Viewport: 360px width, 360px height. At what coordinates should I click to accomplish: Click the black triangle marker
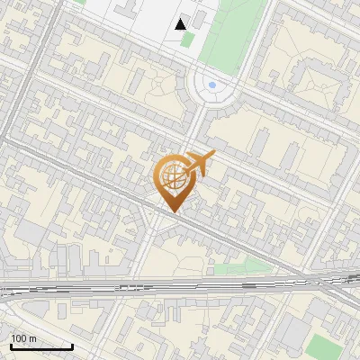pos(182,23)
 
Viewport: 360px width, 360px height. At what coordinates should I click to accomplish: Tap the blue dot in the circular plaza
pos(212,85)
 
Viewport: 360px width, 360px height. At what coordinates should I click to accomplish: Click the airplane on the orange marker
pos(200,163)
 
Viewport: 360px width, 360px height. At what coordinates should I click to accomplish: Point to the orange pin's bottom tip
pos(171,212)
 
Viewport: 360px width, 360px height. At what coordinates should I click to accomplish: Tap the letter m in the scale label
pos(33,338)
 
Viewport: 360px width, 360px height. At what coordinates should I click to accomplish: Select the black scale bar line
pos(40,346)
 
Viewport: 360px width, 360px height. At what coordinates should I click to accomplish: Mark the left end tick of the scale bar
pos(9,345)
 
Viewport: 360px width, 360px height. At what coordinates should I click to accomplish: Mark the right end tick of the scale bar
pos(72,345)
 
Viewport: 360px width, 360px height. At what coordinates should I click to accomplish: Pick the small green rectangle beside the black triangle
pos(186,40)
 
